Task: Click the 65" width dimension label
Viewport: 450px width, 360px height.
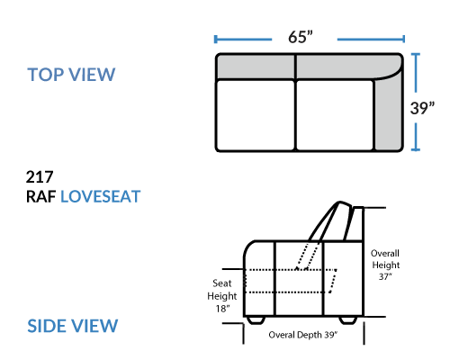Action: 301,37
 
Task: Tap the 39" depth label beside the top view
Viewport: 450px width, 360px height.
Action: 422,108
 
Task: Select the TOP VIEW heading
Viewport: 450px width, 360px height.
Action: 71,75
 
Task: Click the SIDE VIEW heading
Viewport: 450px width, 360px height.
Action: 73,326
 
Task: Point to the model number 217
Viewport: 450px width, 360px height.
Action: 40,177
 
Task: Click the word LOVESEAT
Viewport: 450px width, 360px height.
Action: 101,197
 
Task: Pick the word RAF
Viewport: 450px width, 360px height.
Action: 41,197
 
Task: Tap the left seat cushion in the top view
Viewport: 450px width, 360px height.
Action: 256,115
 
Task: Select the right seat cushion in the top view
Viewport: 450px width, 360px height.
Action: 335,115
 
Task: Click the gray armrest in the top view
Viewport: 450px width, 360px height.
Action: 389,115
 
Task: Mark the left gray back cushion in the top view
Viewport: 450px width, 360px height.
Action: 256,67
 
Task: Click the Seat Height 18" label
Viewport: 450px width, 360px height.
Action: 222,296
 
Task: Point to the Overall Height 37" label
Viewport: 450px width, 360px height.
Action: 385,265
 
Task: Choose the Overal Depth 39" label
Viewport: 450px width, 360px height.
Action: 303,335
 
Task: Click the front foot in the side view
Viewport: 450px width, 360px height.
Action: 256,320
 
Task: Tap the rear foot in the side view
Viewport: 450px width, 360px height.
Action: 348,320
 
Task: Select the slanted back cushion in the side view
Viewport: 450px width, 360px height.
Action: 331,221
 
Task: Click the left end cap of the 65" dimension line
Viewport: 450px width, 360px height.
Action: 215,40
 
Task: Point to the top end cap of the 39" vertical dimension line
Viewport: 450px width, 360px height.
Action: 416,54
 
